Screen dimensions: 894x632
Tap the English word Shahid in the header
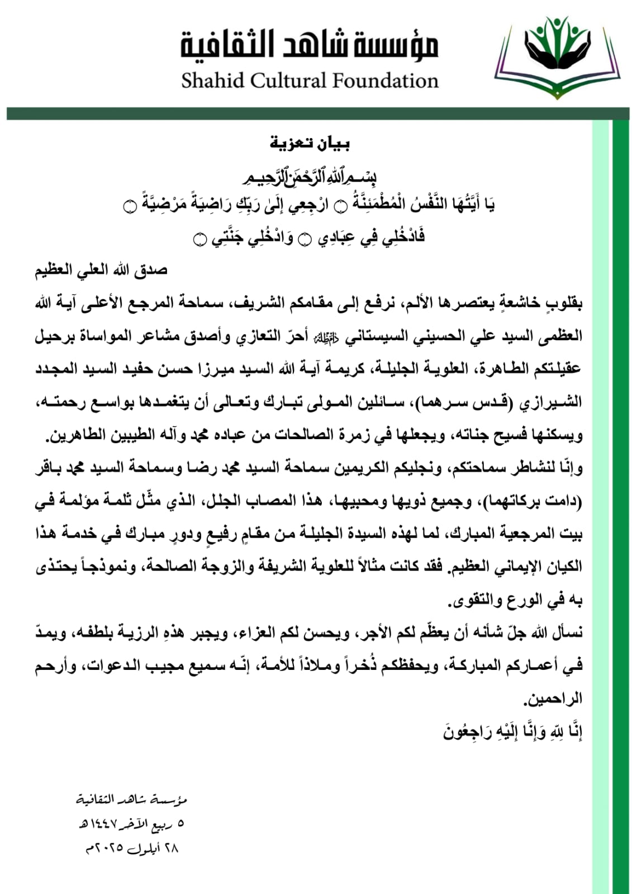click(213, 81)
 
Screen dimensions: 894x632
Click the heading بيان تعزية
click(310, 144)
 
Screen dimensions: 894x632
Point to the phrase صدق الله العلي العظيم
click(101, 271)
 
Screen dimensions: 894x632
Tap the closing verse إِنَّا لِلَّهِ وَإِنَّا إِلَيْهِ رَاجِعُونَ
click(513, 731)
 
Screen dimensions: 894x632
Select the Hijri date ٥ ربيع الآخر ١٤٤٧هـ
click(131, 824)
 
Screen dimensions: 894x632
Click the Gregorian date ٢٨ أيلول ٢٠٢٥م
click(131, 848)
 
